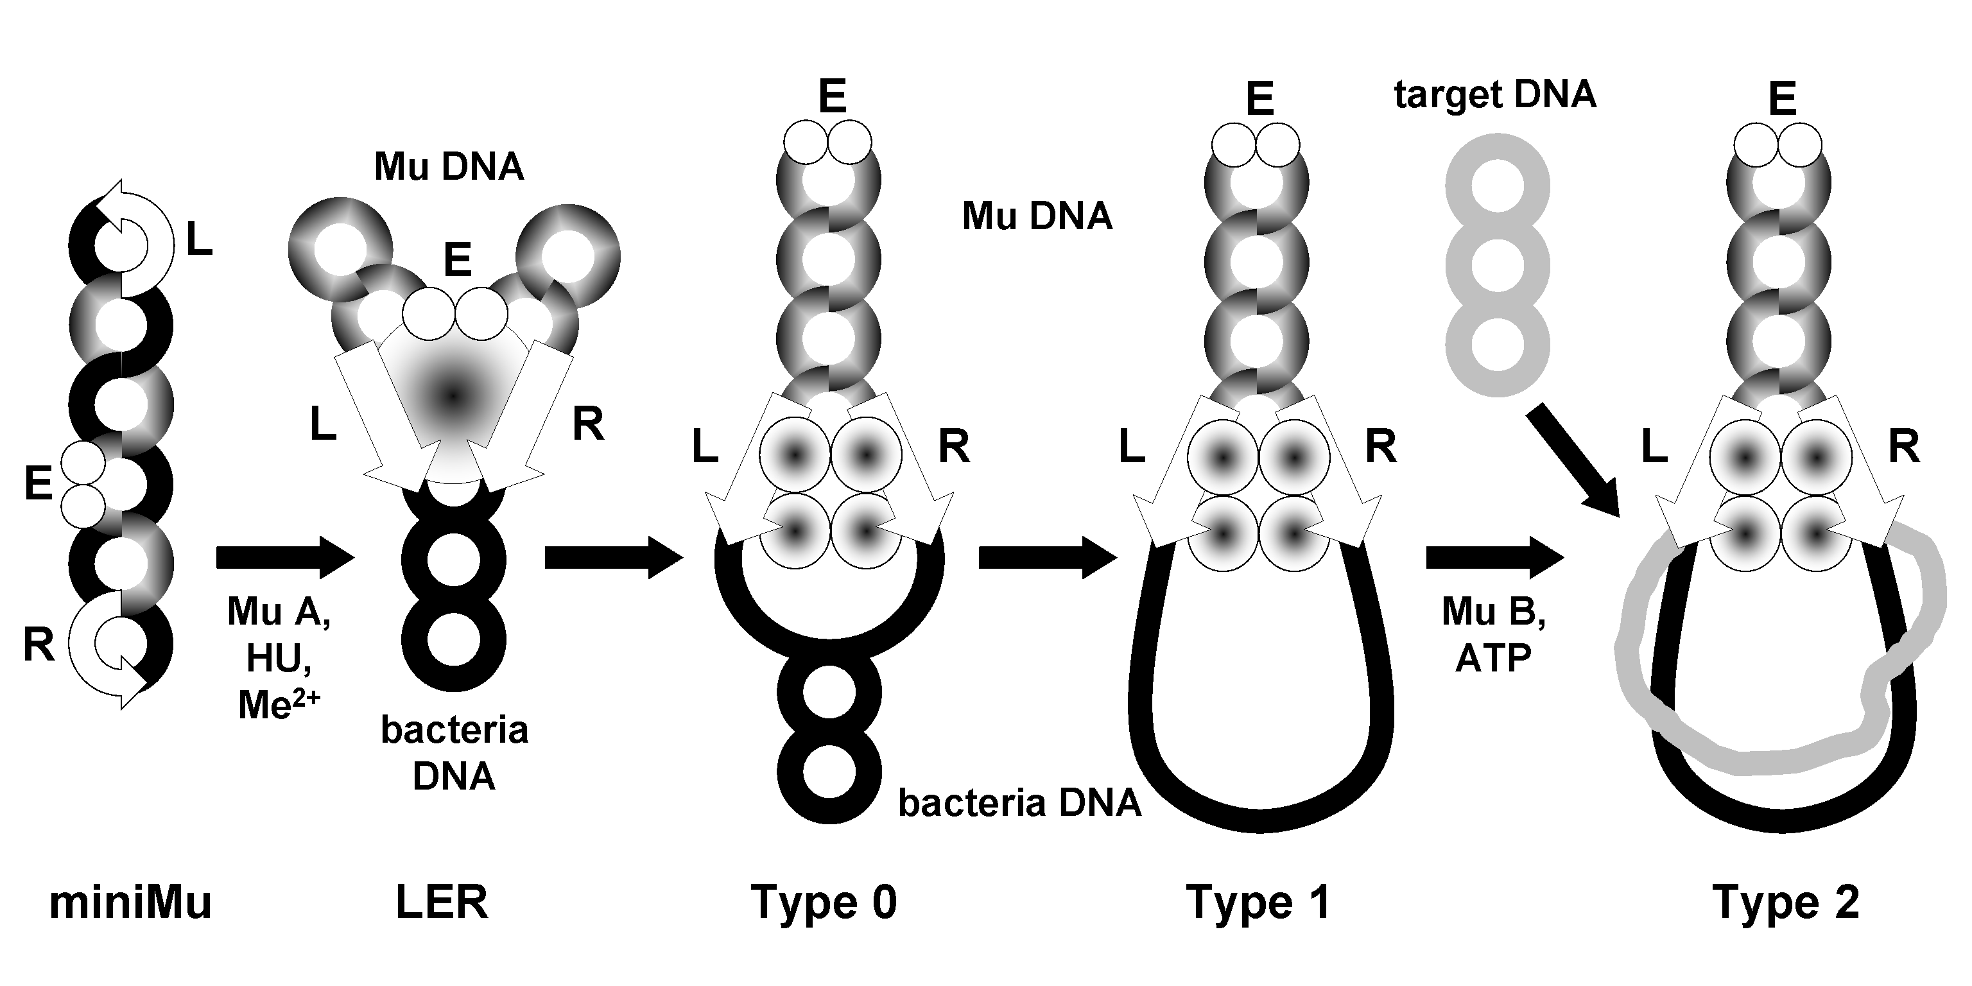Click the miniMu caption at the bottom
(130, 903)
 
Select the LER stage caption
(442, 903)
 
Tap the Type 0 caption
(824, 903)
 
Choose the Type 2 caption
(1786, 903)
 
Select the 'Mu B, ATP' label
(1494, 635)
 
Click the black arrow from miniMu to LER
(285, 557)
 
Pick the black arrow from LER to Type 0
(612, 557)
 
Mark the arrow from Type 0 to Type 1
(1046, 557)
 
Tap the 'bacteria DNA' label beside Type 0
(1019, 804)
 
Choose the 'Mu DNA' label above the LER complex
(449, 167)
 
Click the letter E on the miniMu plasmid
(39, 484)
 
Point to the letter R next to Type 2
(1904, 446)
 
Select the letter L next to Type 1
(1132, 446)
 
